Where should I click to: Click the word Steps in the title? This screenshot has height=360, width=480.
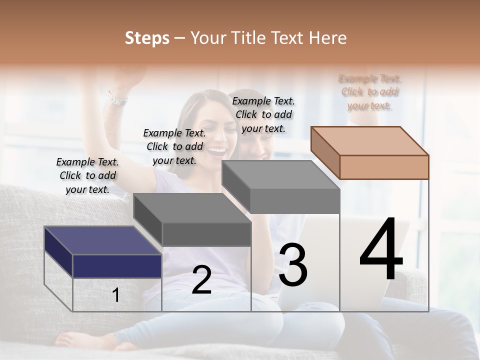coord(146,38)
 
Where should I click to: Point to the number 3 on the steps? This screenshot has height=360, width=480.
coord(293,265)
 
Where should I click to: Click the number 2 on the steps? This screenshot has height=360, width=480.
coord(201,280)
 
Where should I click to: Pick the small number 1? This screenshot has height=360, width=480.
coord(116,295)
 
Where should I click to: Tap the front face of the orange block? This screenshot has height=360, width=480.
coord(384,167)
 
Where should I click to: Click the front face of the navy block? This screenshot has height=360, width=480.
coord(117,266)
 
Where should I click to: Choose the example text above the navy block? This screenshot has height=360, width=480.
coord(87,175)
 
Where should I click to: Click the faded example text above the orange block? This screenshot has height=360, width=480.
coord(370,92)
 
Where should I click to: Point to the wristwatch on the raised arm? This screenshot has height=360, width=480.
coord(116,98)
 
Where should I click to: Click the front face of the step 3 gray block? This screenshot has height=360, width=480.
coord(295,201)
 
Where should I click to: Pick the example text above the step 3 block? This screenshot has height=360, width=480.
coord(263,114)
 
